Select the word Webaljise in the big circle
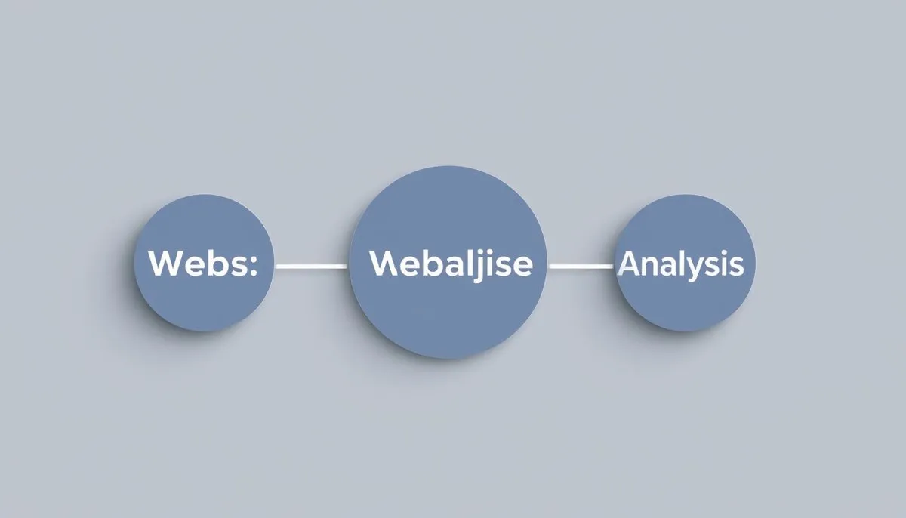[x=451, y=264]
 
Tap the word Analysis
[x=681, y=264]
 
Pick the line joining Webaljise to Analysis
[x=581, y=266]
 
